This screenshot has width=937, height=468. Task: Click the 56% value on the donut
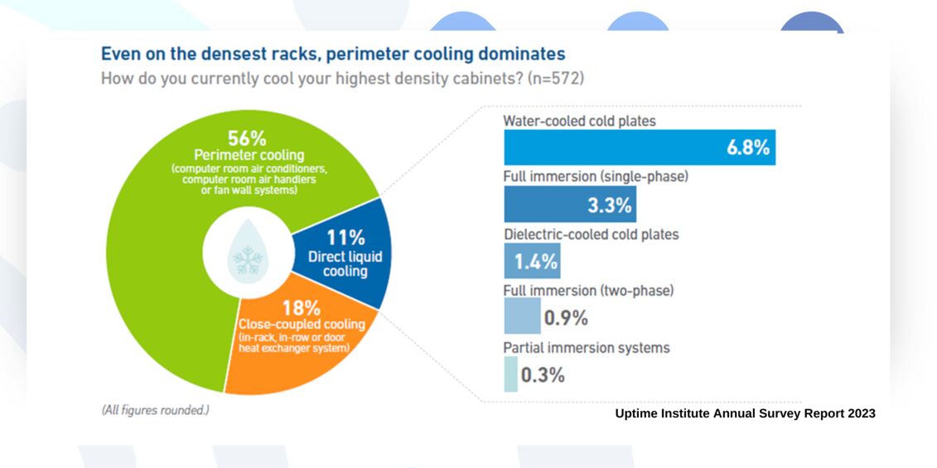click(247, 138)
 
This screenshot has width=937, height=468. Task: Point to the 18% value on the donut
click(302, 308)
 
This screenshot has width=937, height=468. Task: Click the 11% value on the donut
click(345, 238)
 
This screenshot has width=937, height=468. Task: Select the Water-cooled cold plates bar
click(640, 147)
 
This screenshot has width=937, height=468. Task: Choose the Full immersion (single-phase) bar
click(570, 204)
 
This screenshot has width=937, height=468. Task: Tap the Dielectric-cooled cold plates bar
click(533, 261)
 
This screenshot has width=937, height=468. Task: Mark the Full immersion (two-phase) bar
click(522, 316)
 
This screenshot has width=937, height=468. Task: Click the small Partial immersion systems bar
click(511, 374)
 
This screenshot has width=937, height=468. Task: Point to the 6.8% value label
click(747, 148)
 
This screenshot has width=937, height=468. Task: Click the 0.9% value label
click(566, 318)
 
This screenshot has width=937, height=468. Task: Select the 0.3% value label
click(543, 375)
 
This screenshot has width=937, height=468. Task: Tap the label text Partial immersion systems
click(587, 347)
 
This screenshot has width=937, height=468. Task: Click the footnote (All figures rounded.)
click(155, 411)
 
